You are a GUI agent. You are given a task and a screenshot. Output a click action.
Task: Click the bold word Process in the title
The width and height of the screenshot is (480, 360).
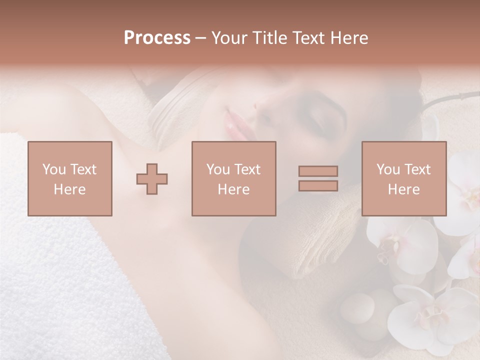click(157, 38)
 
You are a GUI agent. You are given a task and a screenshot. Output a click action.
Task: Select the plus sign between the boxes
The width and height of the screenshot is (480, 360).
click(152, 178)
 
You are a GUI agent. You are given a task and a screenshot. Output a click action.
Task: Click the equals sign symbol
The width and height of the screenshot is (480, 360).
click(318, 178)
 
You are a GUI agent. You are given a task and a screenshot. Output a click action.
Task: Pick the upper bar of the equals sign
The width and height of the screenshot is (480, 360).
click(318, 171)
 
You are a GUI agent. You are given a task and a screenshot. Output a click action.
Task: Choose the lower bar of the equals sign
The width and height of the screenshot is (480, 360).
click(318, 186)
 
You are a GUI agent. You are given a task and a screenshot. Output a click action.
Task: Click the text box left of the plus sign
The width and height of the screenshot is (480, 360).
click(70, 178)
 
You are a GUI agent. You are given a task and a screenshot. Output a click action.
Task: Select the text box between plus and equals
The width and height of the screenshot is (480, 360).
click(233, 178)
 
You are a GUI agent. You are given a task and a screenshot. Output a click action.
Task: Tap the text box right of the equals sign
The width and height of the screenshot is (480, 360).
click(403, 178)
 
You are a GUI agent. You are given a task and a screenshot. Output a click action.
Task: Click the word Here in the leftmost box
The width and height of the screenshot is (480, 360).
click(70, 189)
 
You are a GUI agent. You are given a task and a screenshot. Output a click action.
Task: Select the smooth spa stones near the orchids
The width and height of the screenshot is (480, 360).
click(360, 307)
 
